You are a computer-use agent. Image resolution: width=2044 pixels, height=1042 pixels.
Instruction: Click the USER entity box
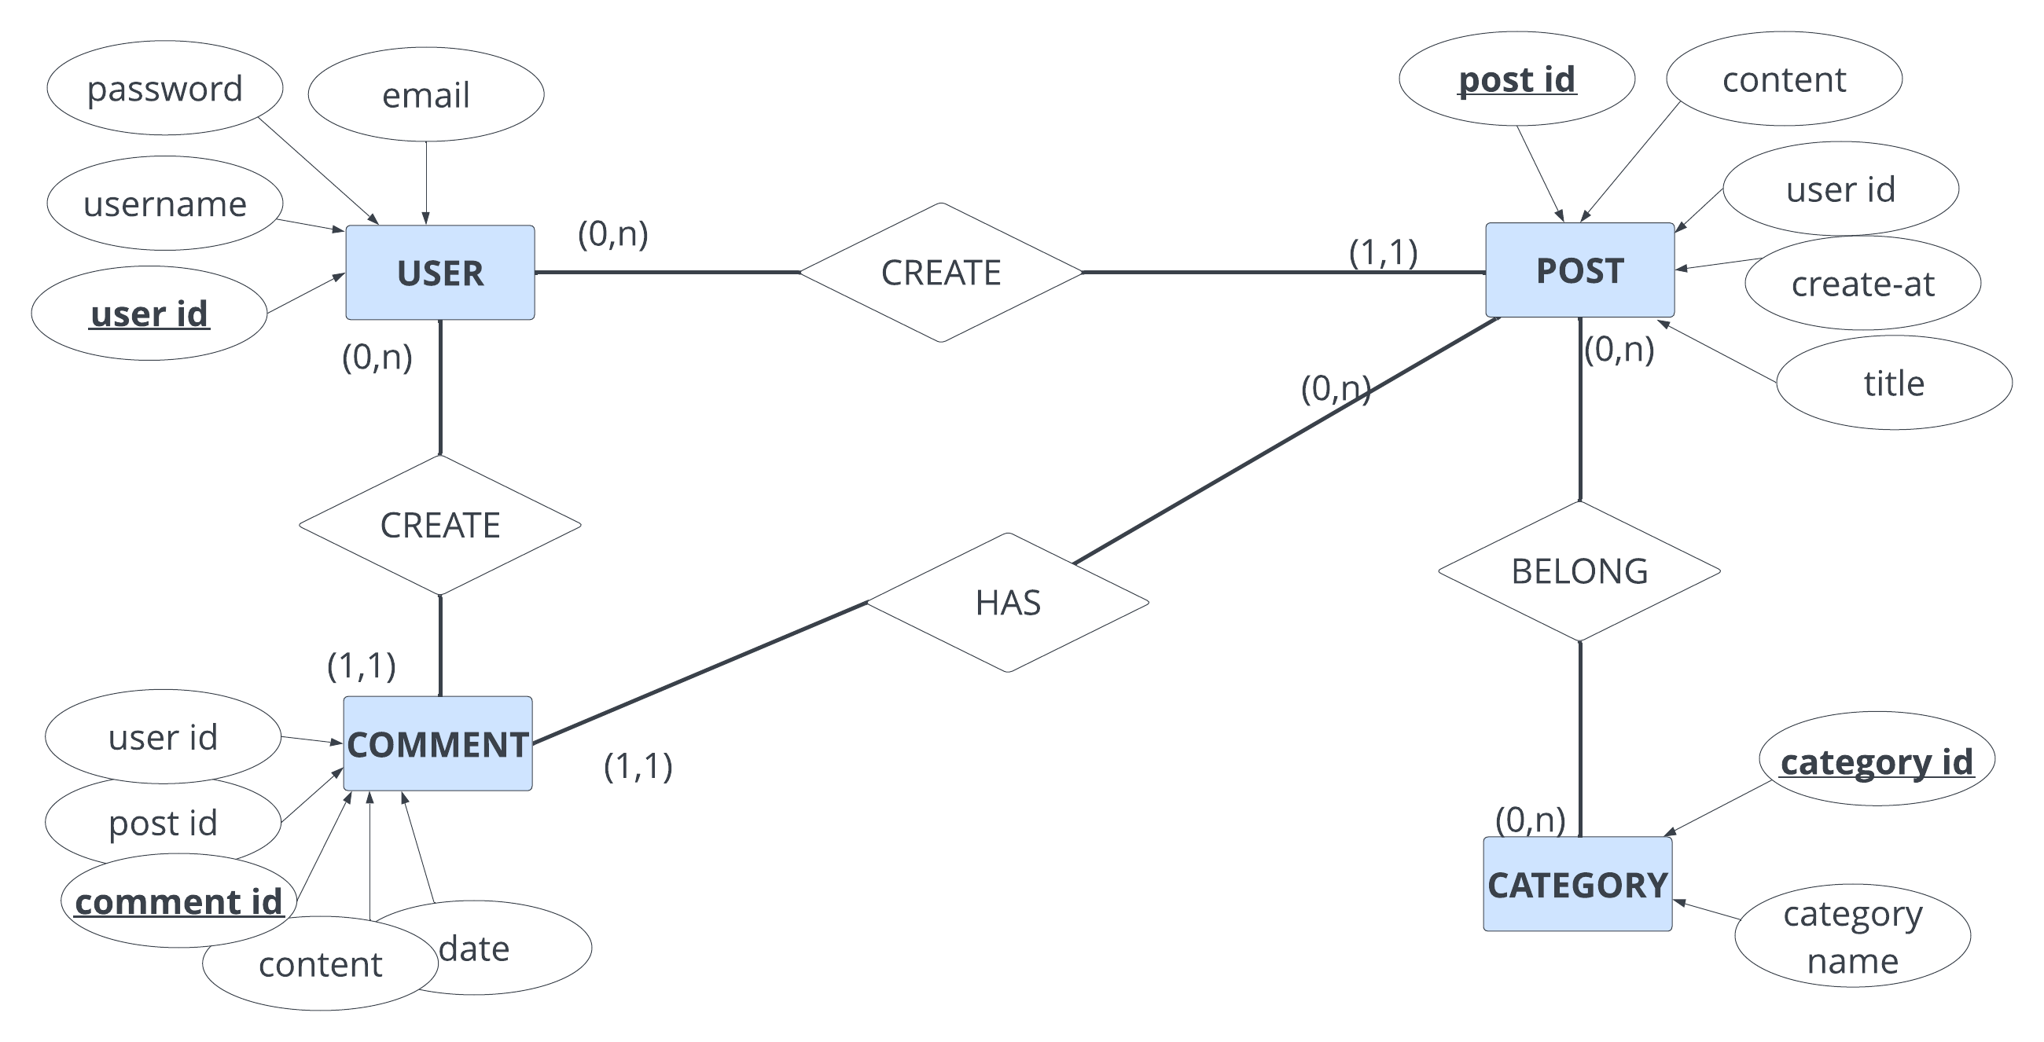point(439,273)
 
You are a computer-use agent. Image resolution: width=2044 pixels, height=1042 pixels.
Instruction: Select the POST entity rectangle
point(1579,270)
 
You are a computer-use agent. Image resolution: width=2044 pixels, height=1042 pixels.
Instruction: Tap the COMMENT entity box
point(437,744)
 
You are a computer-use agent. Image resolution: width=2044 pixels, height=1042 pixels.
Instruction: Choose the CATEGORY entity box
point(1578,884)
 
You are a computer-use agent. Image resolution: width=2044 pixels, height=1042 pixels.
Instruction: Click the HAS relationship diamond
point(1008,603)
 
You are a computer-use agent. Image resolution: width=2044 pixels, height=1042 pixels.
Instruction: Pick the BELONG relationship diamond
point(1579,571)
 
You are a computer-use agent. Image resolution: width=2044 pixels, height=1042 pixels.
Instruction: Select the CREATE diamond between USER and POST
point(940,273)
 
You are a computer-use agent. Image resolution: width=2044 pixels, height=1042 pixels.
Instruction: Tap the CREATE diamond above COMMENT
point(439,525)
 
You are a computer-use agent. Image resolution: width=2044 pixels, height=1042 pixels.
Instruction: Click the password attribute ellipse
point(164,88)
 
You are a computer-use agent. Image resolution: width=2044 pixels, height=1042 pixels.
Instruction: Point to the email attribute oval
point(425,94)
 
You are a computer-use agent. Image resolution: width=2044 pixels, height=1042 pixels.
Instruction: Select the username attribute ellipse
point(164,204)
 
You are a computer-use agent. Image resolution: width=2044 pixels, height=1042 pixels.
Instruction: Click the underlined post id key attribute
point(1516,79)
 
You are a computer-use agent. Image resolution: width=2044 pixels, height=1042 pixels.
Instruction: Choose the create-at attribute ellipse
point(1862,283)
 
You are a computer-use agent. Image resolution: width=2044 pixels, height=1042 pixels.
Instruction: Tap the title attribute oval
point(1893,383)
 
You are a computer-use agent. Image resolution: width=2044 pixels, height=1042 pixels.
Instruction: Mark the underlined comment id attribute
point(178,901)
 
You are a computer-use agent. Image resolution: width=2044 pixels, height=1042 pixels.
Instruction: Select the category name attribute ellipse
point(1852,937)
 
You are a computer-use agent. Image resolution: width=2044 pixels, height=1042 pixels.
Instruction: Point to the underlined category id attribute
point(1876,761)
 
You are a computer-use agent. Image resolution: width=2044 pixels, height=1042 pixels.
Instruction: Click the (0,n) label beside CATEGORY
point(1530,819)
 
